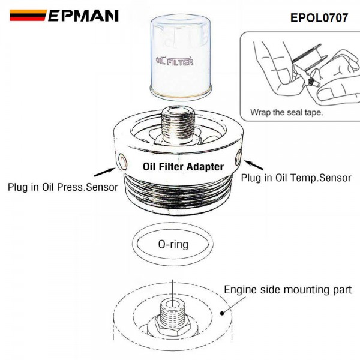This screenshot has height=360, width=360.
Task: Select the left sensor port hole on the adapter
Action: click(122, 161)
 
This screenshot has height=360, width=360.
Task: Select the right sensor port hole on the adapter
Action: click(238, 159)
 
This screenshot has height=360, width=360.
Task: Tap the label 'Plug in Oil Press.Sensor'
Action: click(62, 187)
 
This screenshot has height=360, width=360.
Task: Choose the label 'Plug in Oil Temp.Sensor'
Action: click(296, 178)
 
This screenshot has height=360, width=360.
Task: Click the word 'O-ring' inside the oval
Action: click(173, 244)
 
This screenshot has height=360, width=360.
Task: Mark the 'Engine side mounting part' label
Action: click(287, 290)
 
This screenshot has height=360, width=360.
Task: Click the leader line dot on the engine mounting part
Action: click(223, 312)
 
